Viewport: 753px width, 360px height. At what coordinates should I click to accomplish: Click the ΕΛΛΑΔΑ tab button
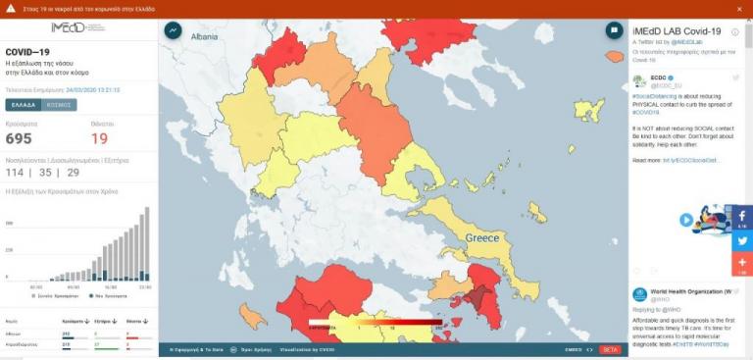[24, 104]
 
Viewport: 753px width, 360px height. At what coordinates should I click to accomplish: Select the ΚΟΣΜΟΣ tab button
[60, 104]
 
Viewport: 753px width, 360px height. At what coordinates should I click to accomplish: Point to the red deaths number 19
[100, 139]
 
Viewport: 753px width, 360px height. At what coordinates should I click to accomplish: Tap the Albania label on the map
[204, 36]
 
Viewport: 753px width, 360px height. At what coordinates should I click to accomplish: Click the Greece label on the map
[481, 238]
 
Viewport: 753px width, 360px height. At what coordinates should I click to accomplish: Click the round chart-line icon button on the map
[174, 31]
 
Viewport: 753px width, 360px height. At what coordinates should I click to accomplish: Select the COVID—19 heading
[29, 50]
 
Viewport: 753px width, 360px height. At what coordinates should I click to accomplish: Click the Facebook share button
[741, 217]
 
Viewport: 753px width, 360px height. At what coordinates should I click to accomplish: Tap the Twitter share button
[741, 240]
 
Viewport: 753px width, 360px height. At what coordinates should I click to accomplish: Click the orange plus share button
[741, 264]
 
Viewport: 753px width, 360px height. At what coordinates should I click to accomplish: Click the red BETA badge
[610, 349]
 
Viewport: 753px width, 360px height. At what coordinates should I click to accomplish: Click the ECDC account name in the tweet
[659, 77]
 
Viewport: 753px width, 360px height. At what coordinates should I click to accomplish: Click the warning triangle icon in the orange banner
[10, 9]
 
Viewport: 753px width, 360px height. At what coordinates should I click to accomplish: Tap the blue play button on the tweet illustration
[687, 221]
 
